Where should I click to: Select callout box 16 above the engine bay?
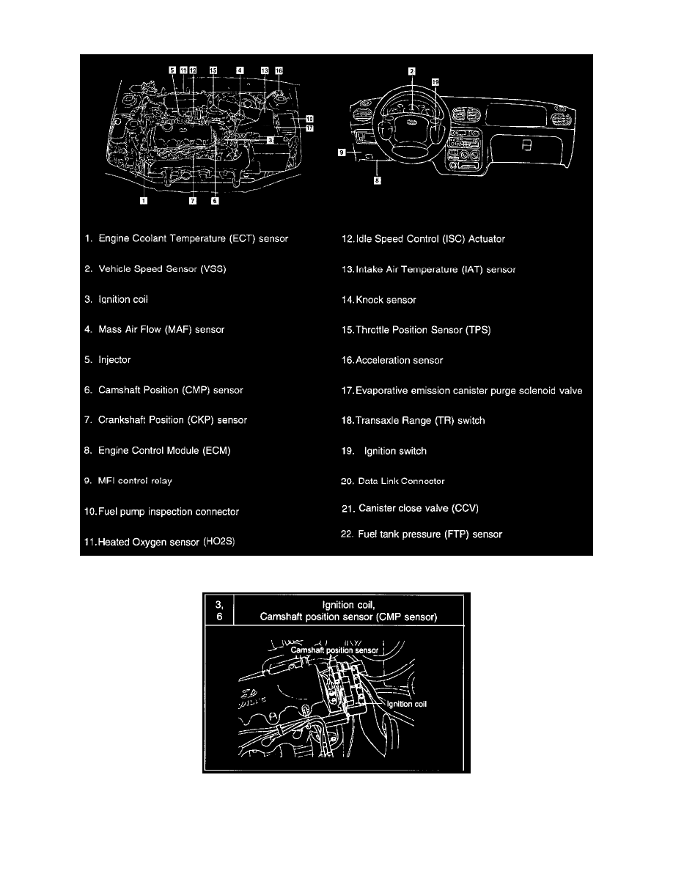point(279,70)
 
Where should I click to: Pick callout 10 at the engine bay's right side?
point(309,117)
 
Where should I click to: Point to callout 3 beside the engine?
point(271,139)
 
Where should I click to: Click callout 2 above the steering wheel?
point(412,71)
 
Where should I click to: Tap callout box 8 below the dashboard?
point(377,180)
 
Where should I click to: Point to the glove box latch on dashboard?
point(526,146)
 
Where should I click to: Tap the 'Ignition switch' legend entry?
point(394,451)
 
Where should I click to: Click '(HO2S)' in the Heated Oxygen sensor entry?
point(223,542)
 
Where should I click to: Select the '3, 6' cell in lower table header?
point(218,610)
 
